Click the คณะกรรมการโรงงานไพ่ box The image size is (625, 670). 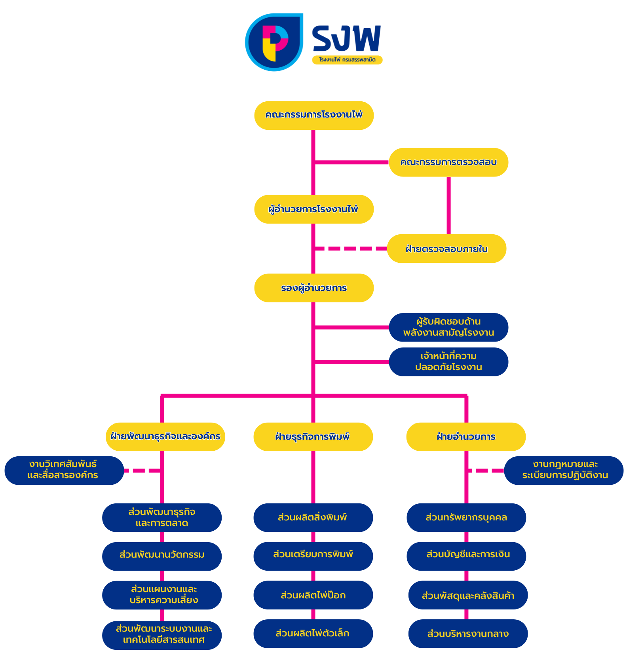pos(314,115)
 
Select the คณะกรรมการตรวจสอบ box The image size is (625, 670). pos(448,162)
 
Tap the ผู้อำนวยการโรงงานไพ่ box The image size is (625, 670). pos(314,209)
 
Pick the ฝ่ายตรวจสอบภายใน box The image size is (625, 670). pos(446,249)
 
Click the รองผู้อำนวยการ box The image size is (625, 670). pos(314,288)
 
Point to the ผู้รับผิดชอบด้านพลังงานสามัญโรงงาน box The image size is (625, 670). pos(448,327)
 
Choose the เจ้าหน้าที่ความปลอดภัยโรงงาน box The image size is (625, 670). pos(448,362)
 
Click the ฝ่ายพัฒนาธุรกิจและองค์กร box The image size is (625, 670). pos(165,437)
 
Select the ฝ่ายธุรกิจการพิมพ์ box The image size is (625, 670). pos(313,437)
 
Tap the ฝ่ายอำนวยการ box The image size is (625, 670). pos(466,437)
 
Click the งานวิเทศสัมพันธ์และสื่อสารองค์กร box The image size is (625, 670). pos(64,470)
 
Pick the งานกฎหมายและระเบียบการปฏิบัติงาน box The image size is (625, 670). pos(564,470)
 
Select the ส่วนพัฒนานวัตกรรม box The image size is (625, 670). pos(162,556)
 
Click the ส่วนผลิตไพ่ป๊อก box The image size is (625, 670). pos(313,595)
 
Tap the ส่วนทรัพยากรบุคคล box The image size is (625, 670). pos(466,517)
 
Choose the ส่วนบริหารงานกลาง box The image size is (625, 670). pos(468,634)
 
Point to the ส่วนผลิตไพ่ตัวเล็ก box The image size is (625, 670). pos(313,634)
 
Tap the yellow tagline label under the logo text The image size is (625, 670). pos(347,60)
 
